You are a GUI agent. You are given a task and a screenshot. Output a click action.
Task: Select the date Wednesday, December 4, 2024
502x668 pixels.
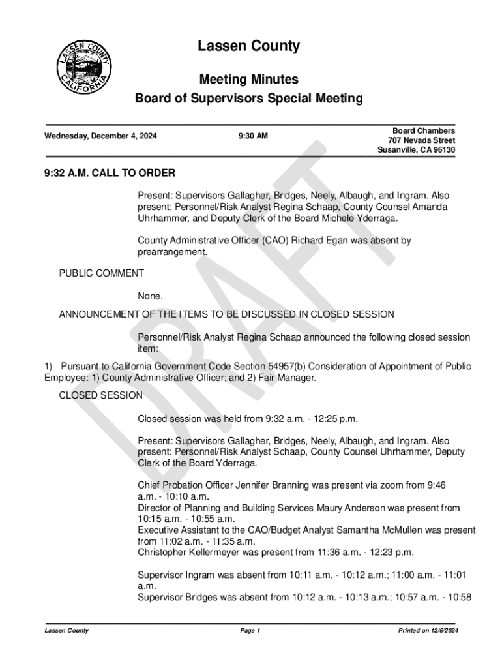[x=100, y=136]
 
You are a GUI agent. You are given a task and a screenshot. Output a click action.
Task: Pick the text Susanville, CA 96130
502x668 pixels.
[x=416, y=151]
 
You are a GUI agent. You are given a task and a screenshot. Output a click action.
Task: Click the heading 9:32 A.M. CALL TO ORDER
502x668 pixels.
[x=110, y=174]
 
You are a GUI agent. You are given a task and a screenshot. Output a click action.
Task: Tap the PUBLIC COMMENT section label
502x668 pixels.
[x=101, y=273]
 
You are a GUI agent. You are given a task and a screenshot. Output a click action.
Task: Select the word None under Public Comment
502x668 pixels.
[x=150, y=297]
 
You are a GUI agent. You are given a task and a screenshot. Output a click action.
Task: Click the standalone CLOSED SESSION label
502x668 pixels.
[x=100, y=395]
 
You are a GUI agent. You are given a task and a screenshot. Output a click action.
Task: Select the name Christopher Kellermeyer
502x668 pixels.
[x=188, y=553]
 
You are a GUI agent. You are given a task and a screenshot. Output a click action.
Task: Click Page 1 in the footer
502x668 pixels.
[x=250, y=631]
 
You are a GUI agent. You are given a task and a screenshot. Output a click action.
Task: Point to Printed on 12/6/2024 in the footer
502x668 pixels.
[x=428, y=631]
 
